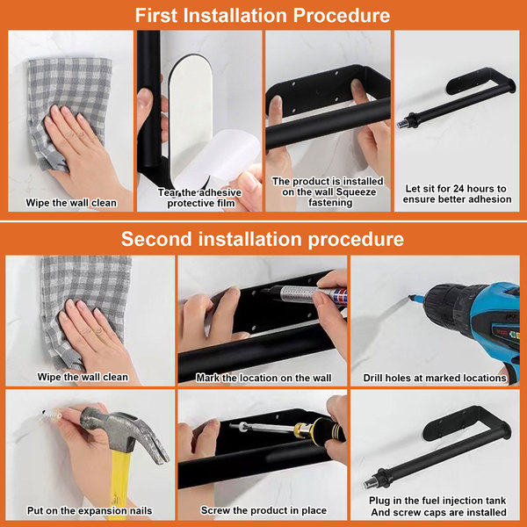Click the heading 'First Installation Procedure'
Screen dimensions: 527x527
pos(263,15)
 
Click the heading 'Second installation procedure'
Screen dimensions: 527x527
pos(263,239)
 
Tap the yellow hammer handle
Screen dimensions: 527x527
pos(119,484)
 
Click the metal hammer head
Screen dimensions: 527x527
pos(126,434)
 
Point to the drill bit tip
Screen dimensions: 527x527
pos(410,297)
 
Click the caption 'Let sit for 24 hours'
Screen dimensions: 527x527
pos(456,189)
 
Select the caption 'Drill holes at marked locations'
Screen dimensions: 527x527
pos(435,378)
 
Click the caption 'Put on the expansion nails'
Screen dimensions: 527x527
pos(90,511)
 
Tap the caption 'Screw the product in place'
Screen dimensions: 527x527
pos(263,510)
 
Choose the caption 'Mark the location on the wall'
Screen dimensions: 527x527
pos(263,378)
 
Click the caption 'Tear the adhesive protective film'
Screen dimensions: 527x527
pos(200,198)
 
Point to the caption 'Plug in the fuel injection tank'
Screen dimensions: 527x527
pos(437,501)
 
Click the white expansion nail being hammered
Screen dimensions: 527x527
pos(53,414)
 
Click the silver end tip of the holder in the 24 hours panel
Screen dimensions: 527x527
pos(401,125)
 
